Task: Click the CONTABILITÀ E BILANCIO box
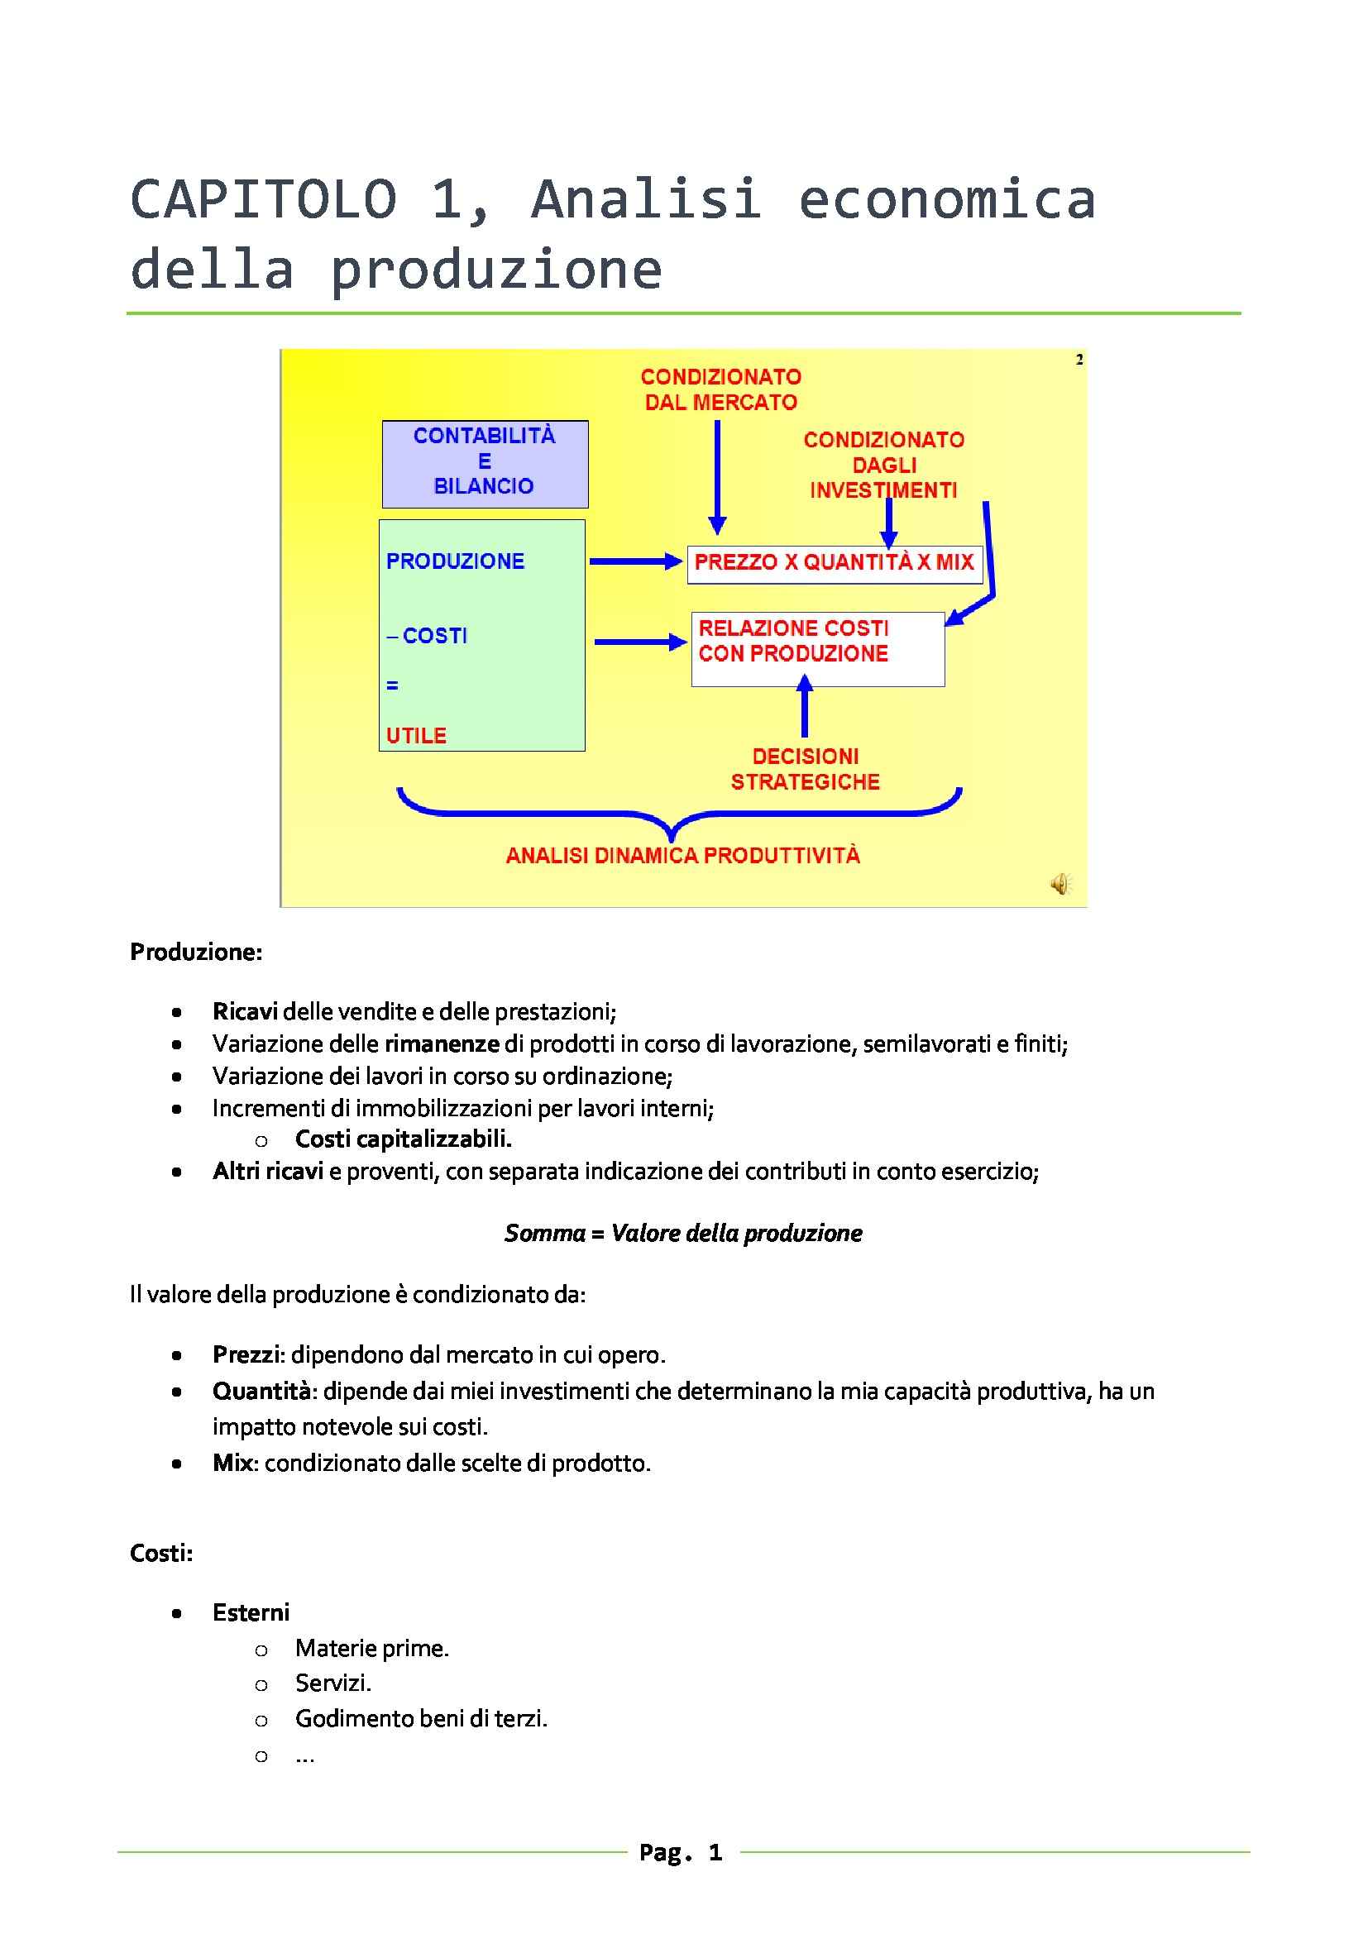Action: (x=485, y=463)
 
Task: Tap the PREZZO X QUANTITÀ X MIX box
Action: (x=834, y=563)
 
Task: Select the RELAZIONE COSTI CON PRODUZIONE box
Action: (x=817, y=648)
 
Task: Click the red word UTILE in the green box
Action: (x=416, y=735)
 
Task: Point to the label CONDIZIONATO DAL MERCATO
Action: (x=720, y=389)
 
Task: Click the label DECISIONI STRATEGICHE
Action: (x=806, y=769)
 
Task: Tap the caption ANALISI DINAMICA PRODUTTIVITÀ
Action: (x=682, y=856)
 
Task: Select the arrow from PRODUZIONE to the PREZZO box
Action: (x=635, y=561)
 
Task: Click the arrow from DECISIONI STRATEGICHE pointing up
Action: (x=805, y=708)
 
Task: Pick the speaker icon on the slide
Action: (x=1059, y=884)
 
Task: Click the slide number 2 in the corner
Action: (x=1079, y=360)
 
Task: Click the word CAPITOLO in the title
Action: (x=264, y=200)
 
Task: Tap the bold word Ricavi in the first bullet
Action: (x=245, y=1010)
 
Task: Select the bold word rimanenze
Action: (x=442, y=1043)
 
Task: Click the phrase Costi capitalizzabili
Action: (x=403, y=1139)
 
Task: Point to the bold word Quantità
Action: (x=261, y=1391)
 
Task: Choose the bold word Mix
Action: (x=232, y=1463)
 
